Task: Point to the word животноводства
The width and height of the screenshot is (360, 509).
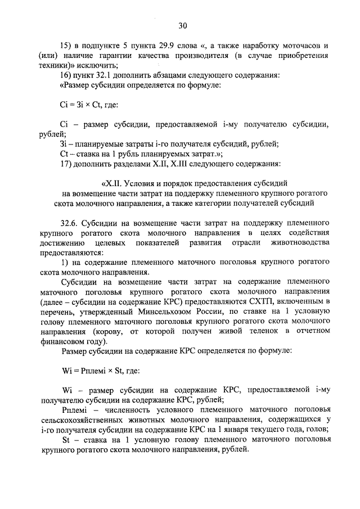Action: click(301, 243)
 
